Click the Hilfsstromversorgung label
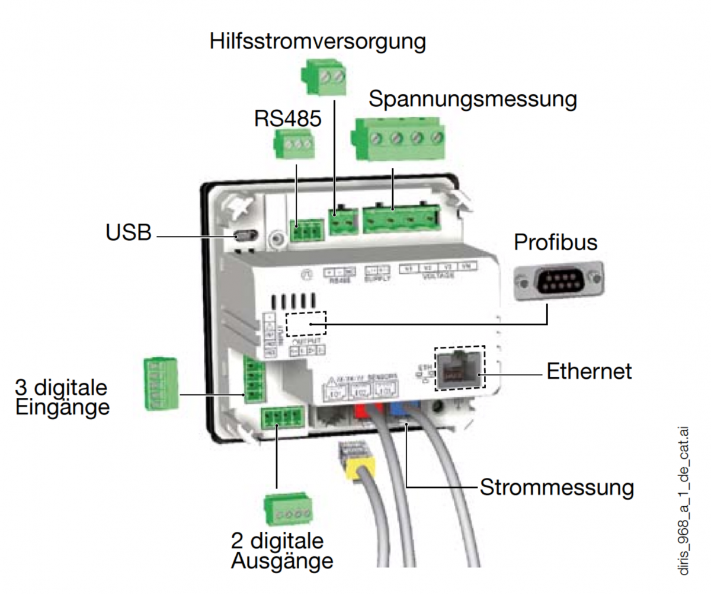tap(318, 42)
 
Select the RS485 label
tap(287, 119)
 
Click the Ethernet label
tap(588, 371)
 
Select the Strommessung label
tap(556, 487)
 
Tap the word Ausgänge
tap(283, 560)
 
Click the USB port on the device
tap(244, 236)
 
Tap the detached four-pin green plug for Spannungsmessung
tap(398, 140)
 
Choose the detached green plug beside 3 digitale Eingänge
tap(161, 383)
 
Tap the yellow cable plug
tap(357, 471)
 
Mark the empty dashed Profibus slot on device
tap(306, 324)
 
